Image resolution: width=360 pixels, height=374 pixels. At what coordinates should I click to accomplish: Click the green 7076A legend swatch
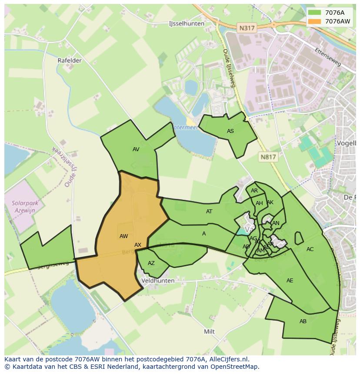pyautogui.click(x=314, y=13)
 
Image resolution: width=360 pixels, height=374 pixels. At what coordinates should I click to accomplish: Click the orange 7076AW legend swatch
pyautogui.click(x=314, y=21)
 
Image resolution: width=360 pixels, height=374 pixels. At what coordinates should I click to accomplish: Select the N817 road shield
pyautogui.click(x=268, y=157)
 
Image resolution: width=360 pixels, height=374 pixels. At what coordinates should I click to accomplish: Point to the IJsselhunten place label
pyautogui.click(x=186, y=24)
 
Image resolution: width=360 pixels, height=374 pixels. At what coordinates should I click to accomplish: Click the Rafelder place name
pyautogui.click(x=70, y=60)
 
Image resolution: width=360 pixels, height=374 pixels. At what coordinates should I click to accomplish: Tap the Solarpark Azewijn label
pyautogui.click(x=25, y=206)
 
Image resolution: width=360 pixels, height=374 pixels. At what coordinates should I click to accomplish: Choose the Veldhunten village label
pyautogui.click(x=158, y=281)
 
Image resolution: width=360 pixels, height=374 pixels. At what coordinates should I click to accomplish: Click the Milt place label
pyautogui.click(x=209, y=331)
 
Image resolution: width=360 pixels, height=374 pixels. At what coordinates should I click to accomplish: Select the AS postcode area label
pyautogui.click(x=230, y=131)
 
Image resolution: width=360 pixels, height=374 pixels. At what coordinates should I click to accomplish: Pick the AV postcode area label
pyautogui.click(x=136, y=149)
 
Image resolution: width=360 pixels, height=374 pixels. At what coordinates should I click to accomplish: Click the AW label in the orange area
pyautogui.click(x=124, y=236)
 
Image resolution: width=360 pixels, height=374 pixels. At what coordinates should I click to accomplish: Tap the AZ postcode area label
pyautogui.click(x=151, y=263)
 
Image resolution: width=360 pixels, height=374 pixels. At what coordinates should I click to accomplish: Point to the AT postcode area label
pyautogui.click(x=209, y=212)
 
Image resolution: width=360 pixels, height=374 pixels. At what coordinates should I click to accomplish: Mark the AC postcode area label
pyautogui.click(x=310, y=249)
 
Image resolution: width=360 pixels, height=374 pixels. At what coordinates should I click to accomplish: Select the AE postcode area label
pyautogui.click(x=290, y=281)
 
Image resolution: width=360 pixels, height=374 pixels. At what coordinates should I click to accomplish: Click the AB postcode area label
pyautogui.click(x=303, y=321)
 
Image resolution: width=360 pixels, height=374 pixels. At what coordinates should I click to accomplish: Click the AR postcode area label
pyautogui.click(x=254, y=191)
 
